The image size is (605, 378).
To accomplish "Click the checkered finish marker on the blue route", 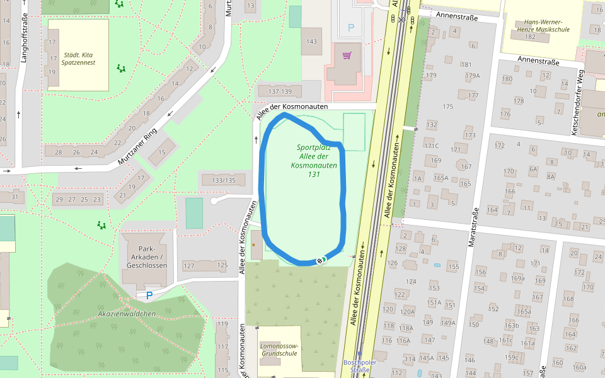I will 321,260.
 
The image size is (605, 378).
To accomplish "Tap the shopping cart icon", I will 347,55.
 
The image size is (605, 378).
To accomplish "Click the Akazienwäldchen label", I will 127,314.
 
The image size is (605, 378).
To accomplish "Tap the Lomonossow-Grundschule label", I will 279,350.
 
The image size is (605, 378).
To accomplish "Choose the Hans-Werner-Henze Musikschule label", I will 543,24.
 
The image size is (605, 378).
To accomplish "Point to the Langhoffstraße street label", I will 25,41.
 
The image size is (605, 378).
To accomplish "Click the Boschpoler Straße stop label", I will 360,366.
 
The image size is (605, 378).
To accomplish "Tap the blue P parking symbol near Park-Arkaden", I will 149,295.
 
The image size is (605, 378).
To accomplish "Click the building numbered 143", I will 310,42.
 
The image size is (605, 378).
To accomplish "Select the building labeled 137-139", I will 279,91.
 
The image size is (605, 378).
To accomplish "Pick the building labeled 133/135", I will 224,181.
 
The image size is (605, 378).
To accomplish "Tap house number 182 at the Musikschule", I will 529,37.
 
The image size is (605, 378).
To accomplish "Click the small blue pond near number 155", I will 437,265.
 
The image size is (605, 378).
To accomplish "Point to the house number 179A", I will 472,76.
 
